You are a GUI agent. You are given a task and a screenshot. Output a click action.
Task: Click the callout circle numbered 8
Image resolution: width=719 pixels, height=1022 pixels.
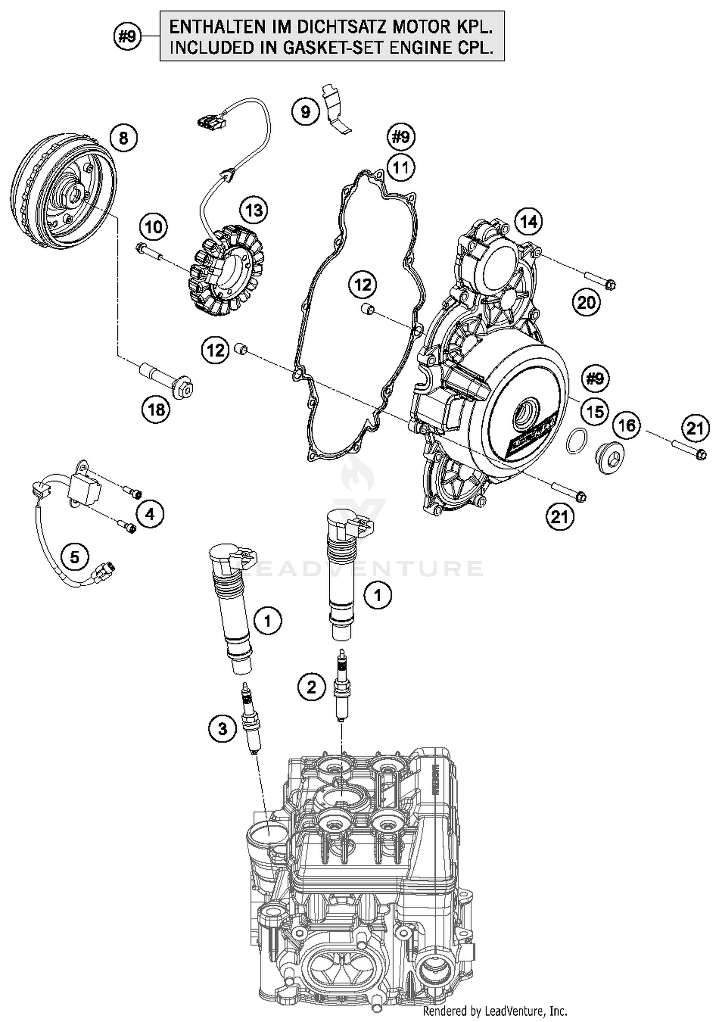click(123, 138)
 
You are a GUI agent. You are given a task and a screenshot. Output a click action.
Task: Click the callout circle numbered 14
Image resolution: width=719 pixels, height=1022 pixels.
click(529, 221)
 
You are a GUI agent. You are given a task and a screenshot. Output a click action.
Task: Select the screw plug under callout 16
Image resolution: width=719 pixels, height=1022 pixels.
click(610, 458)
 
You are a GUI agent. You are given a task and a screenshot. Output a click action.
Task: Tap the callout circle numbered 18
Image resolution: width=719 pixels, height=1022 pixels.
click(156, 410)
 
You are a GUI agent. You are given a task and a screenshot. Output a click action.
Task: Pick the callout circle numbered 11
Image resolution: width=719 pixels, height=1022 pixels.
click(401, 168)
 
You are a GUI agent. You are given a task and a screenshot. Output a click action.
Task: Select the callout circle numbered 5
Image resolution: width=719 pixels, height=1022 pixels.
click(75, 557)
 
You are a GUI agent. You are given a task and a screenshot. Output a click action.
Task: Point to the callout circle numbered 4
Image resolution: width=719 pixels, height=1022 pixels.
click(150, 514)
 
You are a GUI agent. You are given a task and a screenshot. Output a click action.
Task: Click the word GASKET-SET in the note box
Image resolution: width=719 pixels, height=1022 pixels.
click(334, 48)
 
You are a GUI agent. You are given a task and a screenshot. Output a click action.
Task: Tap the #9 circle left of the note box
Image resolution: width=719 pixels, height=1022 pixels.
click(128, 36)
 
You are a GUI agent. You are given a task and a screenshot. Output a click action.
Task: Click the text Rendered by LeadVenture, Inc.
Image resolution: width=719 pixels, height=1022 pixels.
click(495, 1011)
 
